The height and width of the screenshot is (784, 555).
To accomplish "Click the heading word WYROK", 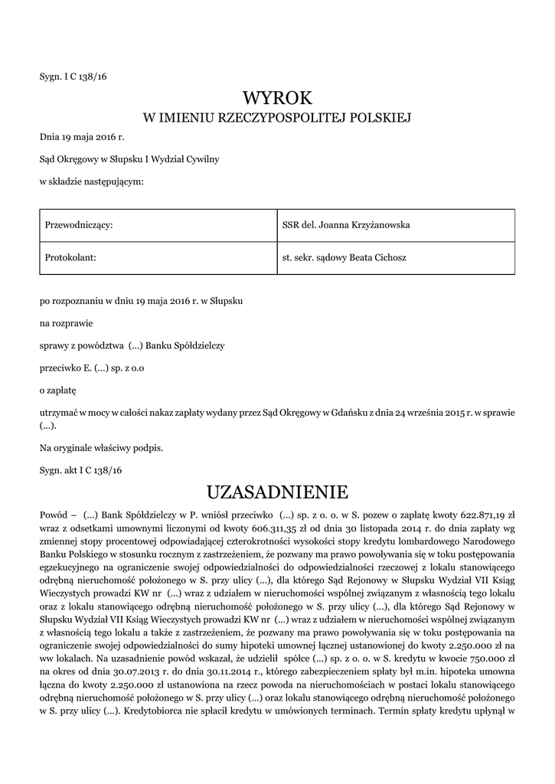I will [x=277, y=98].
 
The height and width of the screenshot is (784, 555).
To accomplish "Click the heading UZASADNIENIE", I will [x=277, y=491].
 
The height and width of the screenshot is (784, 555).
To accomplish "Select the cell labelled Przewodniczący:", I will [x=80, y=225].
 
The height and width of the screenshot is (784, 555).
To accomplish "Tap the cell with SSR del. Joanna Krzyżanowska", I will [x=346, y=225].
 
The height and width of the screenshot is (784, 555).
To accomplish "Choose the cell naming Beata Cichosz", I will [x=344, y=257].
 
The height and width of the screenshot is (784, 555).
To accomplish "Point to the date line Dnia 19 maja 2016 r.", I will [x=81, y=138].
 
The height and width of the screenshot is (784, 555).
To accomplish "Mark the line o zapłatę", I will [x=58, y=390].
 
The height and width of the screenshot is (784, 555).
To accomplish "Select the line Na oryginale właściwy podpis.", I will [x=101, y=447].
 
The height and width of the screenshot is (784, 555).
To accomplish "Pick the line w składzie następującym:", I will [x=91, y=181].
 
